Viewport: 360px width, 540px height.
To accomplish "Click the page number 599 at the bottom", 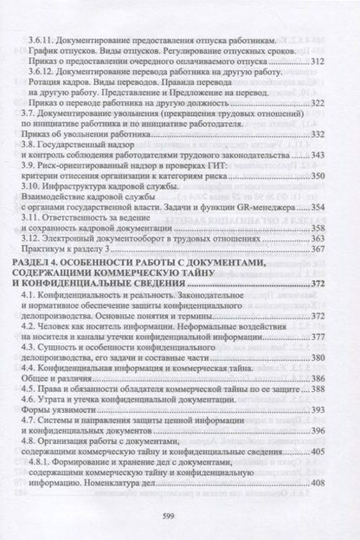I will [181, 517].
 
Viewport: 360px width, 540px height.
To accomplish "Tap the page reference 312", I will [317, 61].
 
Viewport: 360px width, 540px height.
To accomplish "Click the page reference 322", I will [317, 102].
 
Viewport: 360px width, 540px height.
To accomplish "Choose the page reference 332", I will [317, 134].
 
